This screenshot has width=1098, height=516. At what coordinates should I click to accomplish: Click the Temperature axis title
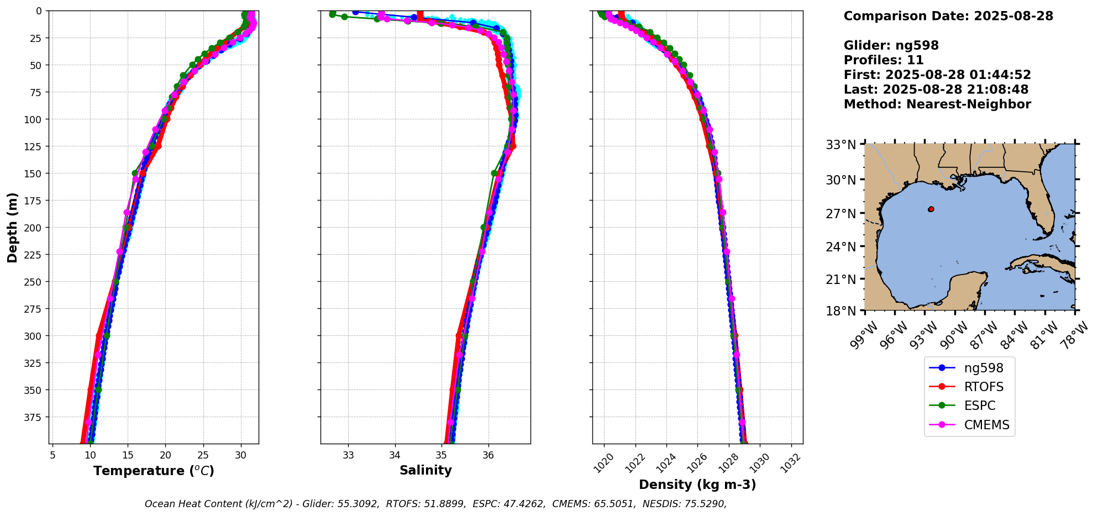click(x=154, y=471)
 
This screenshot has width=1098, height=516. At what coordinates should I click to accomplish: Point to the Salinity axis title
click(x=425, y=470)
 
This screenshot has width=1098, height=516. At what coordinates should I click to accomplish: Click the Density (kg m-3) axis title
click(x=697, y=485)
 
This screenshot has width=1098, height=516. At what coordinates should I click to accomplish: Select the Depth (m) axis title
click(x=13, y=227)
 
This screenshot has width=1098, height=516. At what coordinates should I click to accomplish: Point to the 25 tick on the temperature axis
click(x=203, y=455)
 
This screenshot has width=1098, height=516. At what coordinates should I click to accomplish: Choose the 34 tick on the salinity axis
click(x=395, y=455)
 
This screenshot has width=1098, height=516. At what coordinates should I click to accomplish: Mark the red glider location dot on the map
click(x=931, y=209)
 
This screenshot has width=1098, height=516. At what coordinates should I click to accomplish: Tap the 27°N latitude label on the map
click(x=840, y=213)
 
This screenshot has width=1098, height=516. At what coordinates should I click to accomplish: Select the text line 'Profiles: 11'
click(x=884, y=60)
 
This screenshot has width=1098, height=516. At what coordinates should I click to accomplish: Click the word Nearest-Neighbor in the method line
click(x=969, y=104)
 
